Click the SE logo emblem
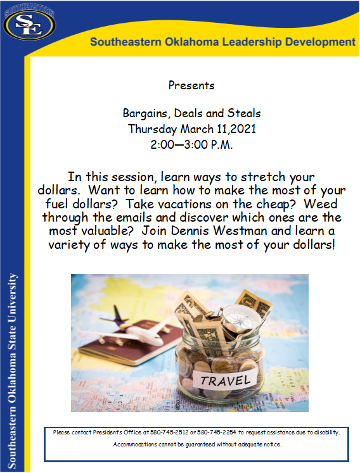click(x=29, y=25)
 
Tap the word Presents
click(x=191, y=85)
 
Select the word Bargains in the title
click(x=145, y=114)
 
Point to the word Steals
click(x=244, y=113)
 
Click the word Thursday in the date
click(x=153, y=129)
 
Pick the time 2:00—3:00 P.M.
click(x=192, y=145)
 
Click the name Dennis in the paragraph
click(x=190, y=230)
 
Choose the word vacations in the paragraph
click(x=184, y=205)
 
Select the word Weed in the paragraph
click(x=321, y=204)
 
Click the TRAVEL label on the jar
click(x=226, y=381)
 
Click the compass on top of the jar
click(x=241, y=318)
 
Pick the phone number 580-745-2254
click(x=217, y=432)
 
